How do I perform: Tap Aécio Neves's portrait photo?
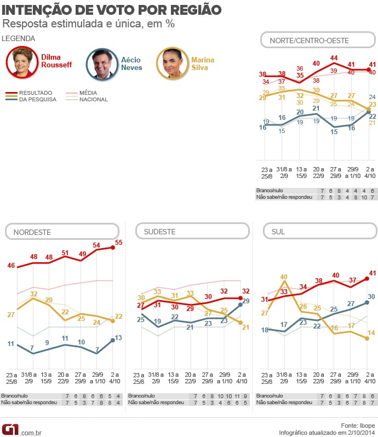(101, 64)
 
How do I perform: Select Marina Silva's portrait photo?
(171, 64)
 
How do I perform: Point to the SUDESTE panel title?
(159, 232)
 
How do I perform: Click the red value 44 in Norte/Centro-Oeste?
(334, 58)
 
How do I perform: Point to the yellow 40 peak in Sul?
(284, 277)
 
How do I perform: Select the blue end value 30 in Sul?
(371, 296)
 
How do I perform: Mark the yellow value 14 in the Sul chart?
(371, 333)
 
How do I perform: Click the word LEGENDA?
(19, 38)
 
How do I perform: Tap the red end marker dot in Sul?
(366, 278)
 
